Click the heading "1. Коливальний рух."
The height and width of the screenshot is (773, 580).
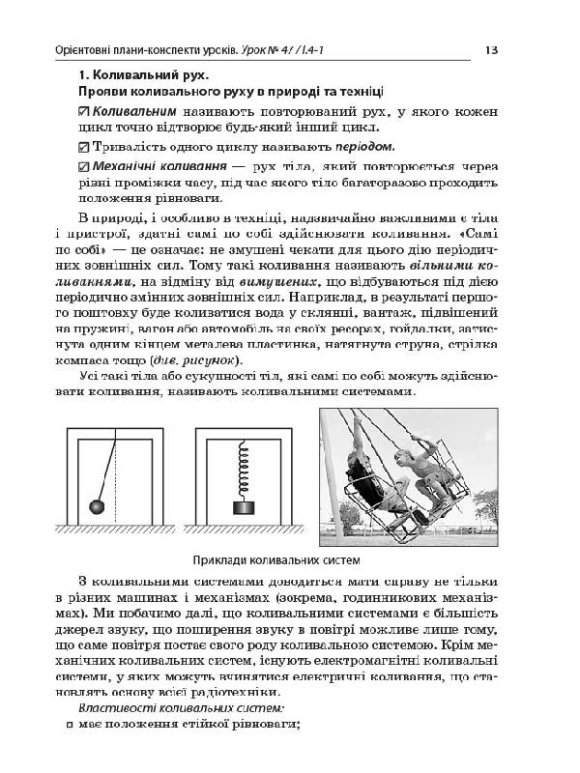144,75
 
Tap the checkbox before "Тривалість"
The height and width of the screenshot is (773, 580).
82,148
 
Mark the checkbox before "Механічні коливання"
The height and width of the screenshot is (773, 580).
82,168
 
